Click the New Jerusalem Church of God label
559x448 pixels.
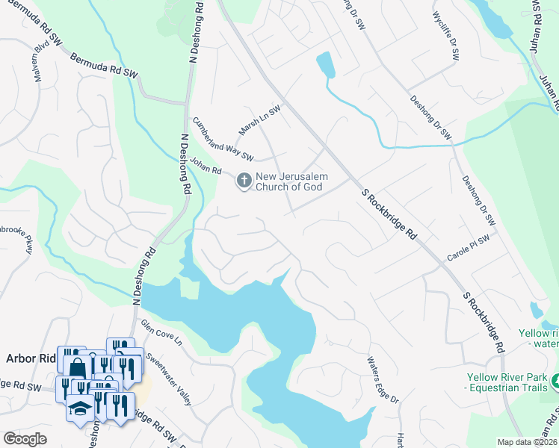(289, 181)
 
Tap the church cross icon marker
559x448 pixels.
(244, 181)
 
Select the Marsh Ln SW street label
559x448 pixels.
(259, 116)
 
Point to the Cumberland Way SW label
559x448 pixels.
(223, 140)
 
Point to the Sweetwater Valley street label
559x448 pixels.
(170, 379)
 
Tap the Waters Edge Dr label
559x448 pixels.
(383, 380)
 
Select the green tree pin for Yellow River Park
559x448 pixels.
(555, 384)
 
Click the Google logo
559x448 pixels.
(25, 439)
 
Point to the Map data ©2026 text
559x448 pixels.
(528, 442)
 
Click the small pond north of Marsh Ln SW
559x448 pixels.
(325, 65)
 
